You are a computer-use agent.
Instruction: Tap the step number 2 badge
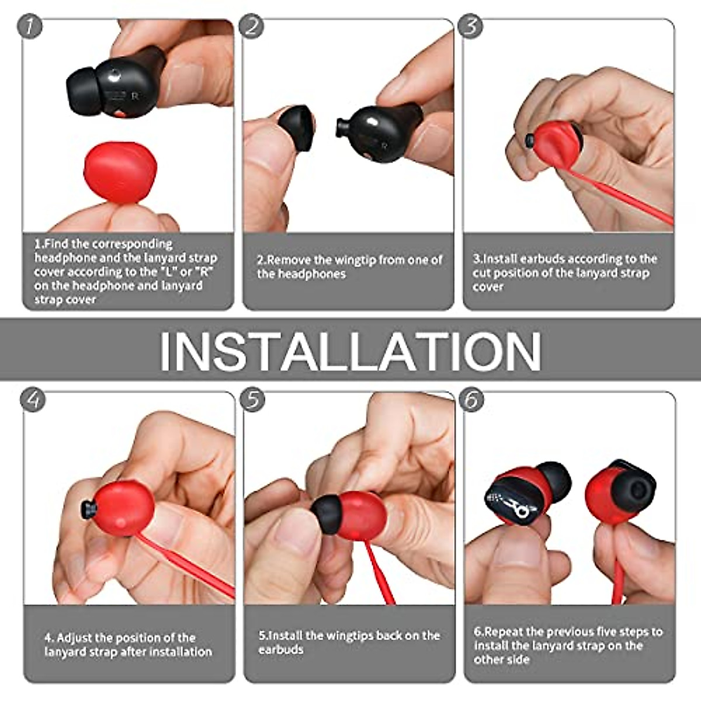[x=251, y=27]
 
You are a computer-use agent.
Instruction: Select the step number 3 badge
[x=471, y=27]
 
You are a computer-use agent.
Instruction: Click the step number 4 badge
[x=33, y=400]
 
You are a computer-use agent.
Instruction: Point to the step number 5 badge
[x=253, y=401]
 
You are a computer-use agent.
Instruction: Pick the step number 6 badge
[x=472, y=401]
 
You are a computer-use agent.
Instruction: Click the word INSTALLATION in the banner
[x=350, y=350]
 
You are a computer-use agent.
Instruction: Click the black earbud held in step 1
[x=117, y=85]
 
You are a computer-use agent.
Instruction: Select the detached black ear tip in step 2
[x=297, y=129]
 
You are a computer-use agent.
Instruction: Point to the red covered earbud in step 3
[x=555, y=143]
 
